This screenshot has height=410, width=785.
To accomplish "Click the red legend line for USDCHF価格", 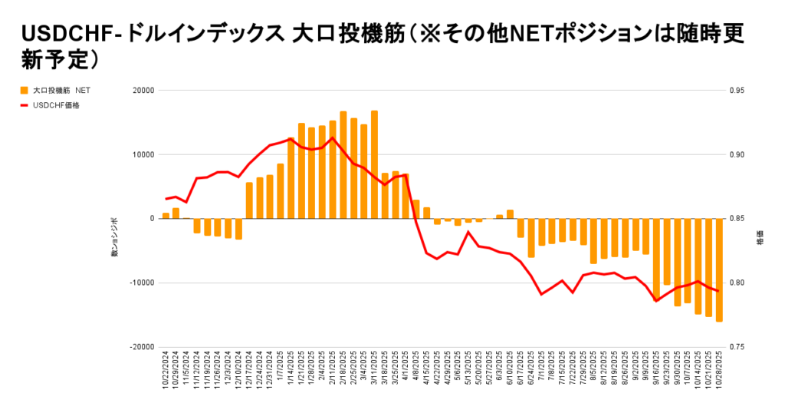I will coord(25,105).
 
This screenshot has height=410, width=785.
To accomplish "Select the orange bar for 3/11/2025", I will coord(374,165).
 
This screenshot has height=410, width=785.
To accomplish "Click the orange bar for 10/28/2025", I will coord(719,269).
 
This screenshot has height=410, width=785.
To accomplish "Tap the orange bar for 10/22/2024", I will coord(166,216).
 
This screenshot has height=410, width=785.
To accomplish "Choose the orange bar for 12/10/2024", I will coord(238,229).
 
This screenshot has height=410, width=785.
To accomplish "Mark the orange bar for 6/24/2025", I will coord(530,238).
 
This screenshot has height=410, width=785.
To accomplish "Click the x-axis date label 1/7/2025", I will coord(281,372).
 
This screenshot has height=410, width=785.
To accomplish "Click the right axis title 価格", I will coord(760,238).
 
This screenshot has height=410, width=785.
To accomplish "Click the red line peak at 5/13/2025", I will coord(468,231).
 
